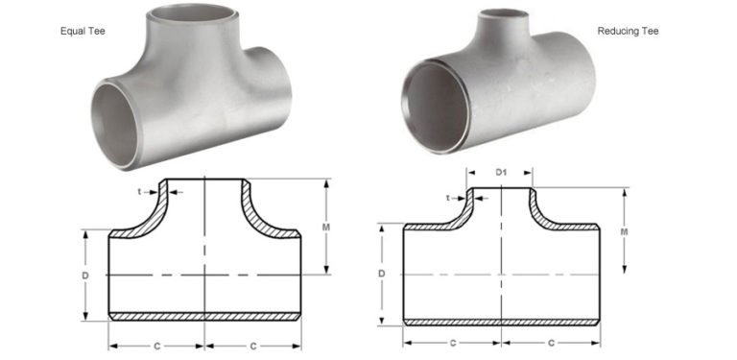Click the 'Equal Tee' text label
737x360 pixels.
click(x=83, y=32)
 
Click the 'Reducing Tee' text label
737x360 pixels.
click(x=628, y=32)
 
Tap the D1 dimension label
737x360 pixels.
click(x=501, y=173)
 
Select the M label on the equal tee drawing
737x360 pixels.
click(x=327, y=228)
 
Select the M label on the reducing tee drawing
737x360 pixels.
click(x=624, y=231)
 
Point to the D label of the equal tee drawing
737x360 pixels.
click(x=87, y=275)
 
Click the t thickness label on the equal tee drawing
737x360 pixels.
click(x=140, y=191)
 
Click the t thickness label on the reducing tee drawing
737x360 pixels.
click(x=448, y=198)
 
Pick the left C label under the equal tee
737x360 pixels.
click(x=156, y=345)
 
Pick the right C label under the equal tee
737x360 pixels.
click(x=253, y=345)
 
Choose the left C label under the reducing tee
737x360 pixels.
click(x=452, y=342)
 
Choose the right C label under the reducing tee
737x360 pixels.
click(x=551, y=342)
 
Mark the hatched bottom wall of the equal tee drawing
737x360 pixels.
click(x=204, y=316)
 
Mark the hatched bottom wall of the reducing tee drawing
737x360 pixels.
click(x=501, y=321)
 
